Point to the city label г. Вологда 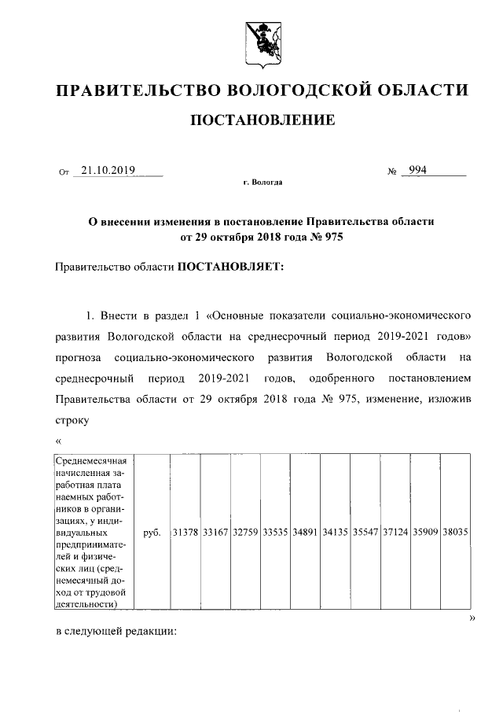[x=263, y=183]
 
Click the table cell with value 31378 [x=185, y=533]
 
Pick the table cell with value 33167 [x=215, y=533]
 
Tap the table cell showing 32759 [x=245, y=533]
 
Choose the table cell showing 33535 [x=275, y=533]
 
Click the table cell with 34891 [x=305, y=533]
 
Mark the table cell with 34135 [x=335, y=533]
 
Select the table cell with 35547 [x=365, y=533]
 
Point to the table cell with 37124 [x=395, y=533]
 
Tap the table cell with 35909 [x=425, y=533]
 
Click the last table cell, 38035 [x=455, y=533]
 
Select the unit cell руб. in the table [x=152, y=533]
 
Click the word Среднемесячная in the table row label [x=92, y=460]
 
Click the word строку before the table [x=73, y=420]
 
